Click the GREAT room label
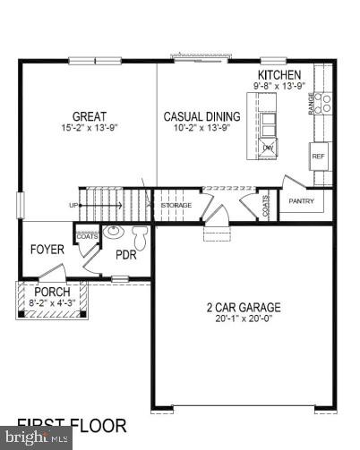pos(90,116)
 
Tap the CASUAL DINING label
pos(201,116)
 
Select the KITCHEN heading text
pos(279,75)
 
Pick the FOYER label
pos(47,250)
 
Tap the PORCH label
pos(51,293)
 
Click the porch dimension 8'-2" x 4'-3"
pos(52,303)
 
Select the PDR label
pos(124,254)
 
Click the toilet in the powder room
pos(140,237)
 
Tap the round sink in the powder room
pos(114,233)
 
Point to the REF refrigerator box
pos(317,156)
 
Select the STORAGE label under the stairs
pos(176,206)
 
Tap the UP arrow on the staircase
pos(76,205)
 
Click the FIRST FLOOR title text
pos(72,426)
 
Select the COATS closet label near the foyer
pos(86,236)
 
